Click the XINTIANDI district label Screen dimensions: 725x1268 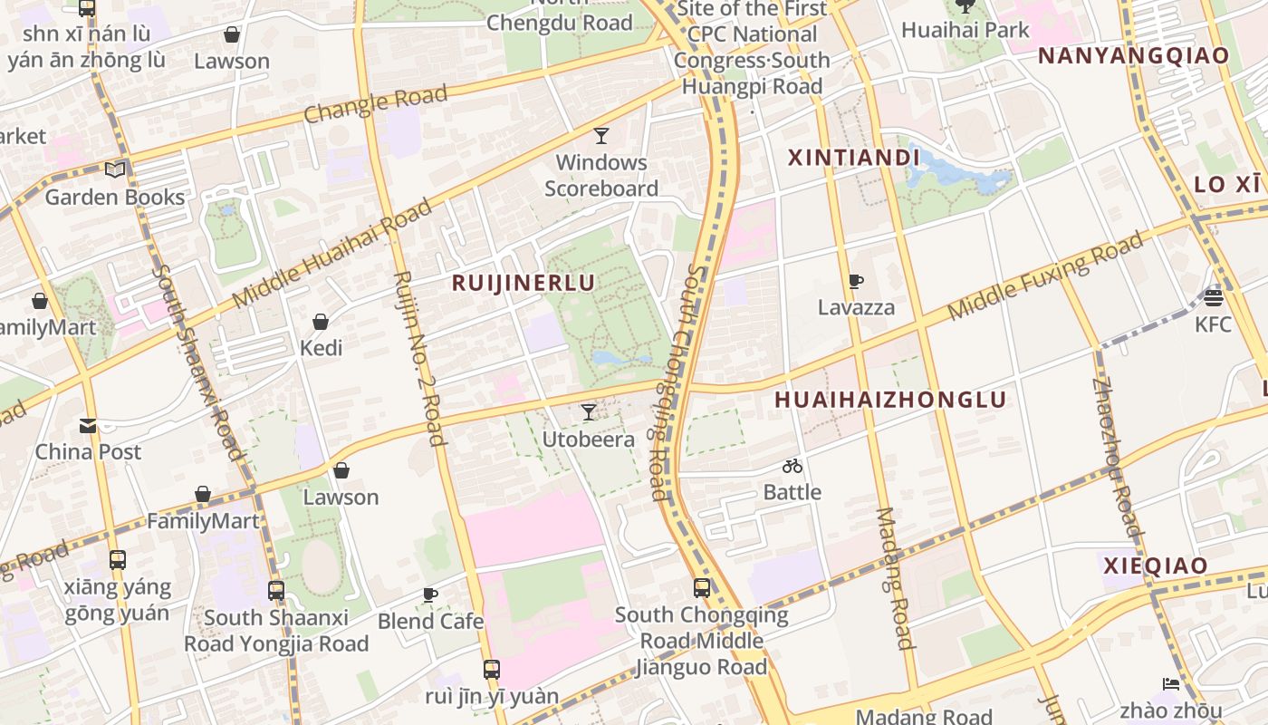coord(853,158)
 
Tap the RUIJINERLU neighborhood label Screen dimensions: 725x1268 coord(524,283)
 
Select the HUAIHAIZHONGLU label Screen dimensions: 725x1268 coord(890,400)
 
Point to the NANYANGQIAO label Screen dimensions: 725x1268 coord(1133,55)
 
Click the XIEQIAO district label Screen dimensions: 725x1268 coord(1155,565)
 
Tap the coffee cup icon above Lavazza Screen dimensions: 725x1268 coord(856,282)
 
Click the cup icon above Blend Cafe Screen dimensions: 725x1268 coord(430,594)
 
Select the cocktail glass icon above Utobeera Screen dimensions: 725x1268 coord(589,412)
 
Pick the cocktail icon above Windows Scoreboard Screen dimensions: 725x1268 coord(600,136)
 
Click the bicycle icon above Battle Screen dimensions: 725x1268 coord(792,466)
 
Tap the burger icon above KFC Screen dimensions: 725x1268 coord(1214,297)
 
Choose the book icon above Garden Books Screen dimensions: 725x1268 coord(115,169)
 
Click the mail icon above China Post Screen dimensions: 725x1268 coord(88,425)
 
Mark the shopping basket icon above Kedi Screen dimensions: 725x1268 coord(321,322)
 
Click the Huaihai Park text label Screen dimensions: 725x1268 coord(965,30)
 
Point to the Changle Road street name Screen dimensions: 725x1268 coord(375,104)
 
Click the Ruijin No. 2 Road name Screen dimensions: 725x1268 coord(418,359)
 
